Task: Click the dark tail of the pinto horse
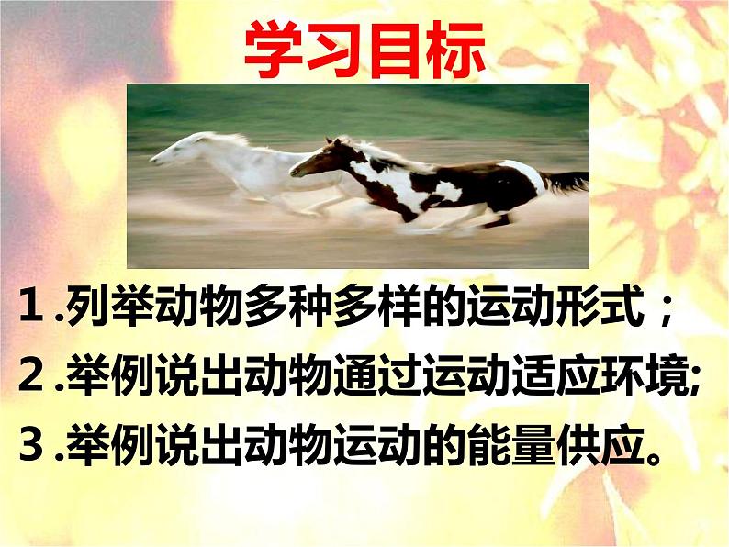(567, 182)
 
